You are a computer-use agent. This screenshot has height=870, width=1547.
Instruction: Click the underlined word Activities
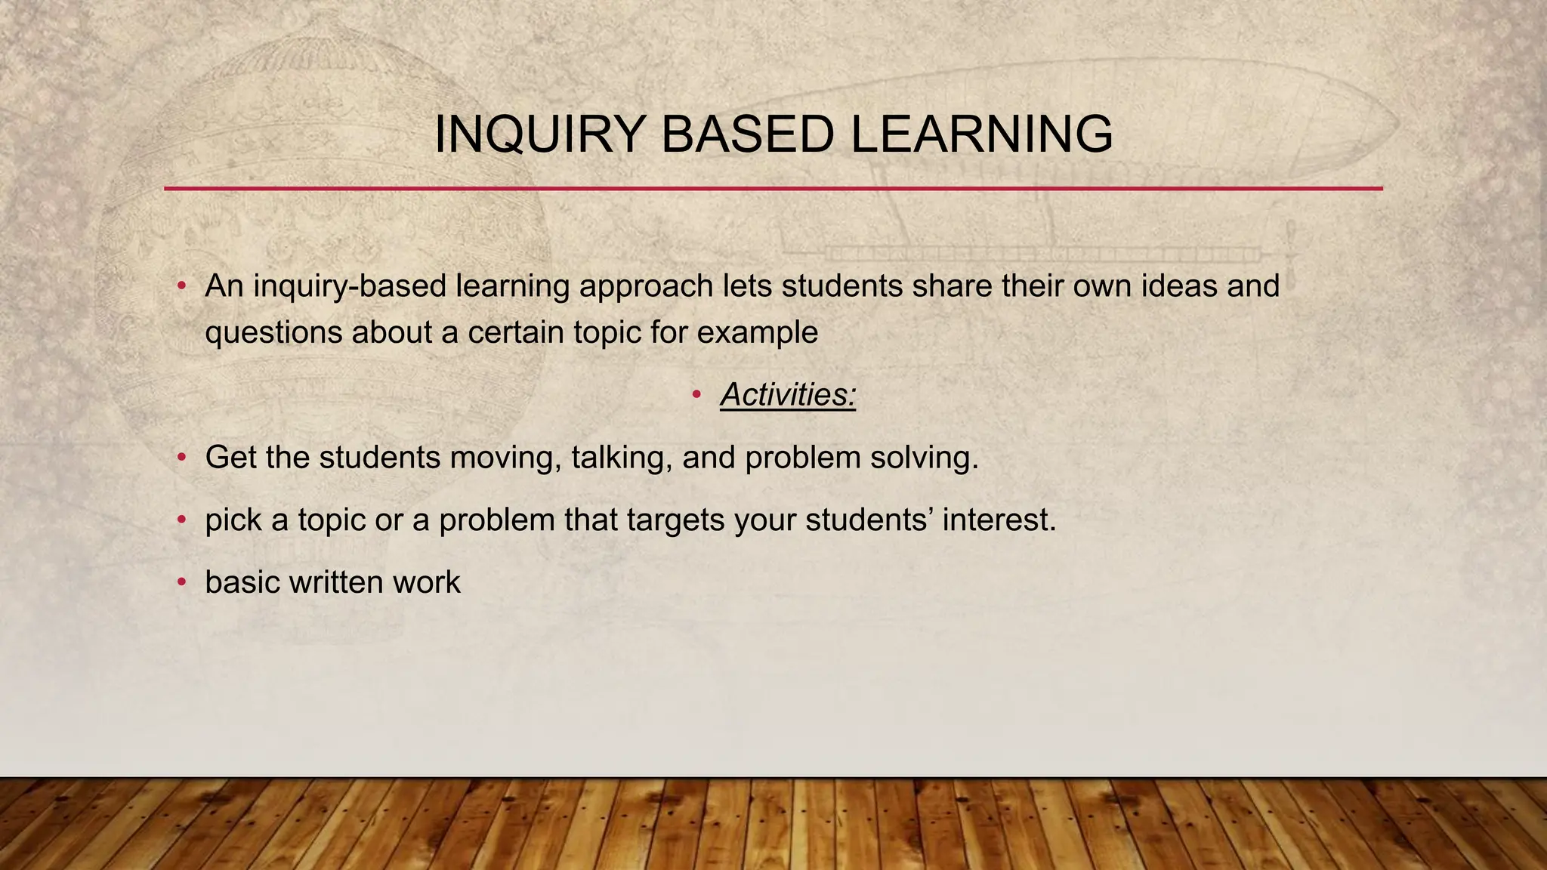(x=787, y=395)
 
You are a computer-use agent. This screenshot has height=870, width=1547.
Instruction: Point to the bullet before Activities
(x=696, y=394)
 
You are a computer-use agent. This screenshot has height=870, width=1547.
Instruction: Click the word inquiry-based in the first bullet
(x=348, y=286)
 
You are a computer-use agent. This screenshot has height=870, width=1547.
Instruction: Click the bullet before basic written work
(x=181, y=582)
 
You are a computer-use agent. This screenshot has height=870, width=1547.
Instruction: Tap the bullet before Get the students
(x=181, y=458)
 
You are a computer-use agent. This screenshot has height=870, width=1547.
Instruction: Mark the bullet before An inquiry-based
(x=181, y=286)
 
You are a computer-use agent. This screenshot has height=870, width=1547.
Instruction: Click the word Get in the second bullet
(x=230, y=458)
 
